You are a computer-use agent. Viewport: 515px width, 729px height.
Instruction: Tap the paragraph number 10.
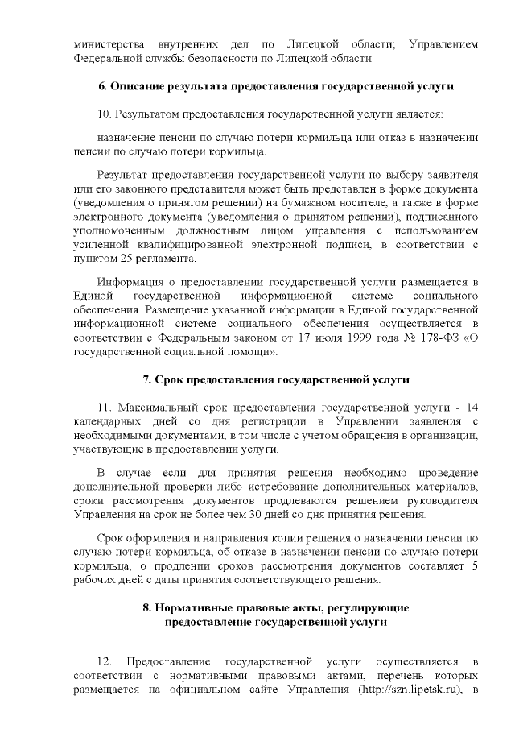102,113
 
